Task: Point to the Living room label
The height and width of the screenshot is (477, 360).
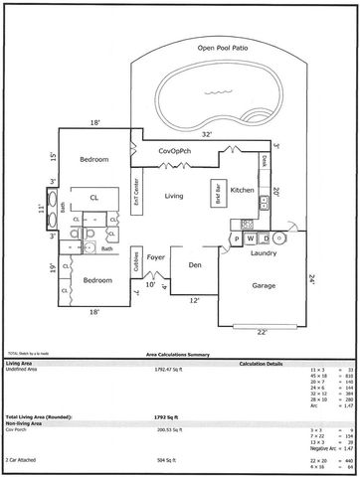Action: click(x=174, y=196)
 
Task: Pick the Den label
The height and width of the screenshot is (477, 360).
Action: click(x=193, y=264)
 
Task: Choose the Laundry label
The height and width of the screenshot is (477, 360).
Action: click(x=263, y=253)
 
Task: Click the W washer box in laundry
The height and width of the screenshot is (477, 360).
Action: click(x=252, y=238)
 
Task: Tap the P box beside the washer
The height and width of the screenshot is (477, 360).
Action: click(x=237, y=238)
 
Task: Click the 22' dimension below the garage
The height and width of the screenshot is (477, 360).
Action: click(x=263, y=332)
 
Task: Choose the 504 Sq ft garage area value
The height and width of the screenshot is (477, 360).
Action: click(x=159, y=461)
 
